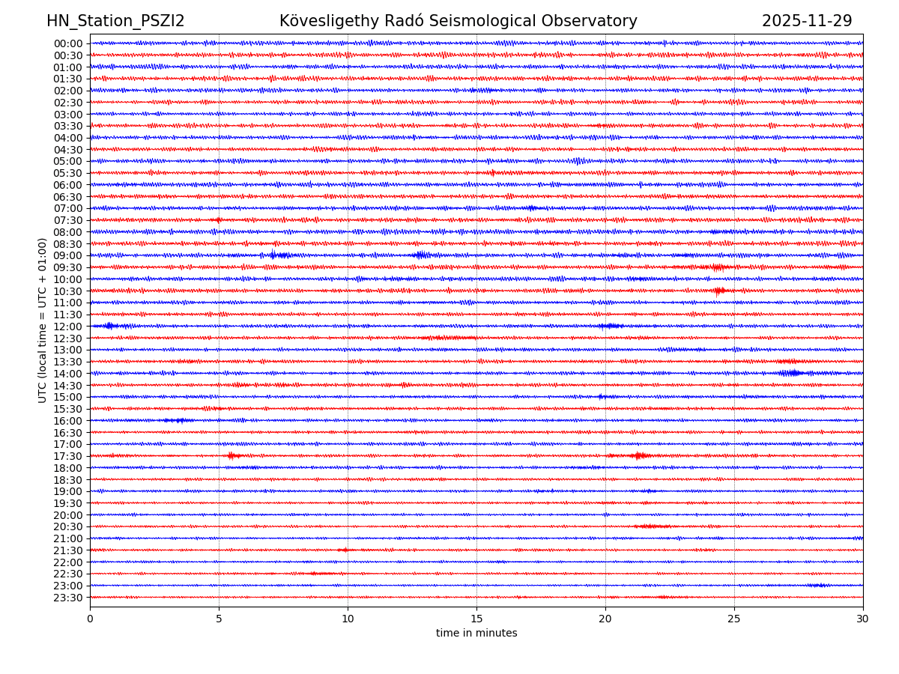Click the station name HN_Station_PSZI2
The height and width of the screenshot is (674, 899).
tap(115, 21)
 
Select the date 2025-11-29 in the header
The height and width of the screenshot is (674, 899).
tap(807, 21)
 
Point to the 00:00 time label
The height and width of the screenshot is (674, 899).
tap(68, 43)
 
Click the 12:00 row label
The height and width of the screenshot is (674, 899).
tap(68, 327)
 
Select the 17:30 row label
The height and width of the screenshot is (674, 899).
tap(68, 456)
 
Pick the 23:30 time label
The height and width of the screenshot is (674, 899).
tap(68, 598)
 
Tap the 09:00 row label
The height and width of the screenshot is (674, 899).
tap(68, 255)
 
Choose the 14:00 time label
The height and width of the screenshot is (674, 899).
tap(68, 374)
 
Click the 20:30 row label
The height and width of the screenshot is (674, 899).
tap(68, 526)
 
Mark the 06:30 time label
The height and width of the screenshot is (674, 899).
tap(68, 197)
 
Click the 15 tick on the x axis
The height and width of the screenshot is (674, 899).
tap(476, 619)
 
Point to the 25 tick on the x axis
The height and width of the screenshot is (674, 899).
tap(734, 619)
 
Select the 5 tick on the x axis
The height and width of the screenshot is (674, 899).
tap(219, 619)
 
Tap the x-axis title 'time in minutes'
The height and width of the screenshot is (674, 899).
tap(476, 634)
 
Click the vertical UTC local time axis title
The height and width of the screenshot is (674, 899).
tap(43, 320)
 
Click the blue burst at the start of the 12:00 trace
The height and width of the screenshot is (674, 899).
tap(109, 326)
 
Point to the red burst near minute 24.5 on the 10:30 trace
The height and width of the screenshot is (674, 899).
tap(720, 291)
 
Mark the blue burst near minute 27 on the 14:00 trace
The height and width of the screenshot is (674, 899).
tap(791, 373)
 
